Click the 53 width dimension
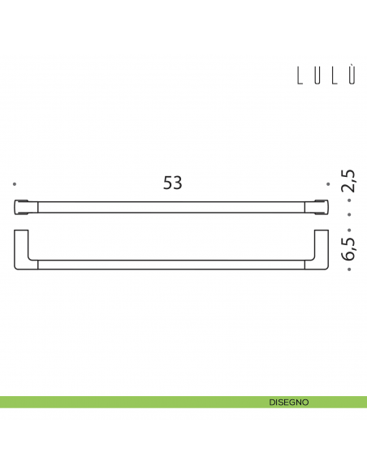172,183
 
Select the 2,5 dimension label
348,181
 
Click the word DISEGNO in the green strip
288,402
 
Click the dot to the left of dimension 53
16,184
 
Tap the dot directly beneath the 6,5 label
348,268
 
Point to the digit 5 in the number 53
167,183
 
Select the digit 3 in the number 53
178,183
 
